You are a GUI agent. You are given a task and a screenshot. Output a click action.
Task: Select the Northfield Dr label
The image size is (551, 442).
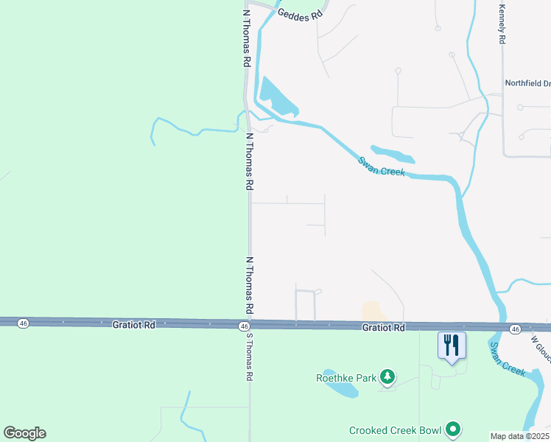527,83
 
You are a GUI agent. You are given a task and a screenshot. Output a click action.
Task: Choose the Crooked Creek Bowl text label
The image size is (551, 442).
395,430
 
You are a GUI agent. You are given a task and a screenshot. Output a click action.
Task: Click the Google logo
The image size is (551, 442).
24,433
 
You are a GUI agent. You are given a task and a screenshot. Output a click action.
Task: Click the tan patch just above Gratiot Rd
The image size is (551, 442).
373,312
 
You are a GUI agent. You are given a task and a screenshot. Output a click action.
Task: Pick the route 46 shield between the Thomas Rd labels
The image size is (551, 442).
244,325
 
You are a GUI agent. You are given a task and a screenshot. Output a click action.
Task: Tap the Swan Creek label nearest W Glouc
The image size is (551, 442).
508,359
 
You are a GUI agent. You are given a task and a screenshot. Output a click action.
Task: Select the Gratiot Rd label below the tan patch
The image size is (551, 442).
384,327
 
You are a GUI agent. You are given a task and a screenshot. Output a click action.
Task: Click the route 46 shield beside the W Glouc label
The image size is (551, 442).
514,329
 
